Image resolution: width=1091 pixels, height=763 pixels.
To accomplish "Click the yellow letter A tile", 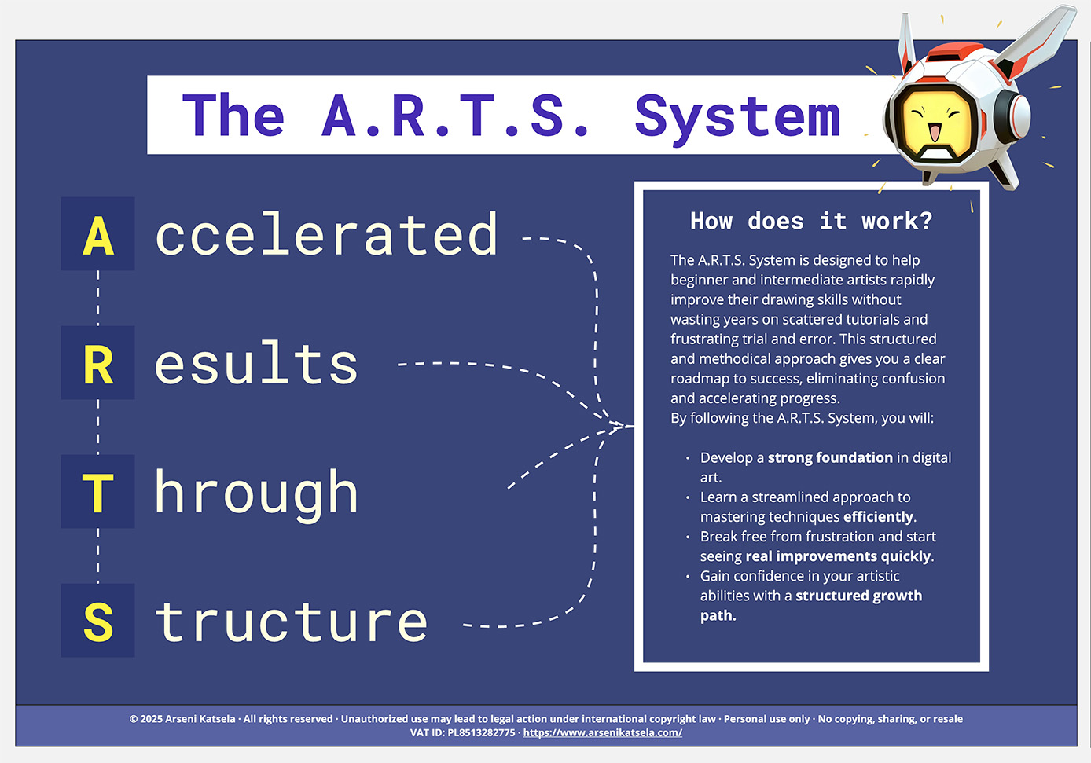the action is (x=98, y=233).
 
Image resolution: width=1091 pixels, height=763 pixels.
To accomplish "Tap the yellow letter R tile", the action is (x=98, y=363).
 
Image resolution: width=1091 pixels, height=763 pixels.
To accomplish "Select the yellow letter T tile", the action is (x=98, y=492).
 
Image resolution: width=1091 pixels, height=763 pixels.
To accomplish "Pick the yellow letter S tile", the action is (x=98, y=621).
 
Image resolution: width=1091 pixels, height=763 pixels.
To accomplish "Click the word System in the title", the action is (x=737, y=119).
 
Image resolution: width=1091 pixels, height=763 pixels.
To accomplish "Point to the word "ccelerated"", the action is (x=326, y=233).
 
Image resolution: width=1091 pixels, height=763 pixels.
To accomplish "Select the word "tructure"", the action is (x=292, y=621).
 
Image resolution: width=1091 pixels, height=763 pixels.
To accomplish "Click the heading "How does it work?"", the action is (x=811, y=221).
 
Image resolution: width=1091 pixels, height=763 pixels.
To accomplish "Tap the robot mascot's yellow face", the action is (x=936, y=125).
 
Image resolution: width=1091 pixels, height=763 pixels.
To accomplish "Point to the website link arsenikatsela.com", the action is (x=602, y=732).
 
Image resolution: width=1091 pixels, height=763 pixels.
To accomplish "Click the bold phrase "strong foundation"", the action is (x=830, y=457).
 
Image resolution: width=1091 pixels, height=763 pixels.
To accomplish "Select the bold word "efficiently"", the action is (x=878, y=516).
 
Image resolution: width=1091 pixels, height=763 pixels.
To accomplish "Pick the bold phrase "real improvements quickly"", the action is (x=838, y=556).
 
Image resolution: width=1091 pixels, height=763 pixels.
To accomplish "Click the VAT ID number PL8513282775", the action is (x=481, y=732).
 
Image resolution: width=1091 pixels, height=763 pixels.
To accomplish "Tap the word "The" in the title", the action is (x=233, y=115).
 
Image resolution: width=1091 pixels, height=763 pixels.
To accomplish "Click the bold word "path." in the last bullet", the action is (x=718, y=615).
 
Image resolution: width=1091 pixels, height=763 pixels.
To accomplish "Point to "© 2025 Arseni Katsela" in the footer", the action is (x=182, y=719).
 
